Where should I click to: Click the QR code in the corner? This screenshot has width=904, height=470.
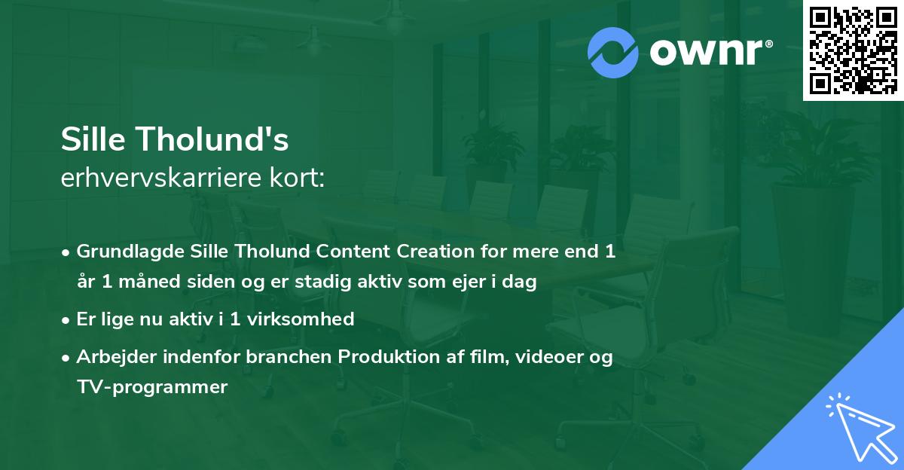[854, 50]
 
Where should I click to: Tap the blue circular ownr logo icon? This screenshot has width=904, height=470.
[612, 53]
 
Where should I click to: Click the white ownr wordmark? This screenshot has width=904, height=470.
[710, 53]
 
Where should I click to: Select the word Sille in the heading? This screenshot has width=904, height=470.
[93, 139]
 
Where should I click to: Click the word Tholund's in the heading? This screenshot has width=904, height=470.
[212, 139]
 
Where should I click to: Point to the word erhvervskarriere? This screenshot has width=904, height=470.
[161, 178]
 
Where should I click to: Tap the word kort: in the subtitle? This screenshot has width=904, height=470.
[297, 178]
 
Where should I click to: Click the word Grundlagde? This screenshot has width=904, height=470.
[130, 252]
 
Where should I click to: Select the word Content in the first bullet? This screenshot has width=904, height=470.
[353, 251]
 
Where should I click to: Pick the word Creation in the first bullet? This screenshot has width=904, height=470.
[435, 251]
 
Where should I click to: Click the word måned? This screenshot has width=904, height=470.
[150, 281]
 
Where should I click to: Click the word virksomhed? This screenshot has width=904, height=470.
[301, 319]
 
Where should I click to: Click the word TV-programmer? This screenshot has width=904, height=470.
[152, 387]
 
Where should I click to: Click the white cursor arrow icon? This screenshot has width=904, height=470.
[862, 428]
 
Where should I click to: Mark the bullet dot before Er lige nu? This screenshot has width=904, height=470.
[66, 321]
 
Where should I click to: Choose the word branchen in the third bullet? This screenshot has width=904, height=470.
[289, 356]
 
